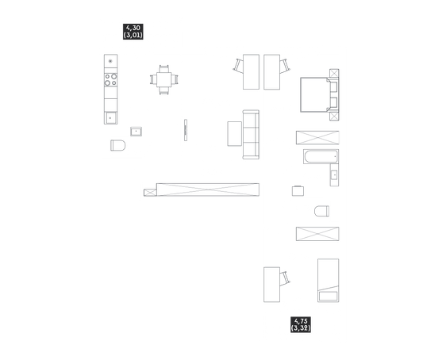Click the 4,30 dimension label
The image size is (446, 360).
(x=133, y=28)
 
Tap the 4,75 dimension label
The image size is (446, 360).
(x=301, y=321)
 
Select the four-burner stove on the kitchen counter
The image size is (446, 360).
(x=110, y=80)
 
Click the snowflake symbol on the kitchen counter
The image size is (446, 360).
(x=110, y=61)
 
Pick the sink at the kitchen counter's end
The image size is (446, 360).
(x=110, y=117)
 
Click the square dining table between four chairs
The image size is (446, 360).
(x=163, y=80)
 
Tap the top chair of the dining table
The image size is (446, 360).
(x=163, y=69)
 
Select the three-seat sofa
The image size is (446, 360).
(x=251, y=134)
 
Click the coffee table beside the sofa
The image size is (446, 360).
(x=235, y=134)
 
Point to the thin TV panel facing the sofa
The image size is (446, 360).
(x=186, y=130)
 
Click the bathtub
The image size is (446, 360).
(x=321, y=156)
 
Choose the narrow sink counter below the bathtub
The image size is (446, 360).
(x=334, y=175)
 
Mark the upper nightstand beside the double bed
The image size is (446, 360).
(x=334, y=73)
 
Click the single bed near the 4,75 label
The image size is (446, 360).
(x=329, y=281)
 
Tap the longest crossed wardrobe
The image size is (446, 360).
(x=208, y=190)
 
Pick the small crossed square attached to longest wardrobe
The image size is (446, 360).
(x=150, y=193)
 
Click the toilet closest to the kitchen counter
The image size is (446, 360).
(x=117, y=145)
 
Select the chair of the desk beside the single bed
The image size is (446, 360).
(x=285, y=278)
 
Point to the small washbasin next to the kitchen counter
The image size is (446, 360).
(x=136, y=132)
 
